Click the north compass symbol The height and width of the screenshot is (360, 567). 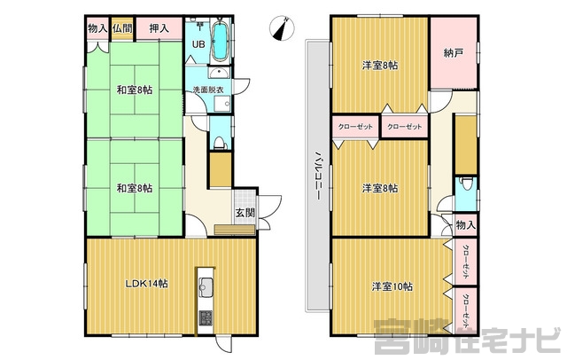282,27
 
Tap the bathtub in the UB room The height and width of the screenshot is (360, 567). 220,42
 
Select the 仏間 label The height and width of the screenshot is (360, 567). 122,28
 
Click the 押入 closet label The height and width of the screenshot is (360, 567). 159,28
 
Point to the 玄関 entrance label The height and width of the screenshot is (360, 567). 245,213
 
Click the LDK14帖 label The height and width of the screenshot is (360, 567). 146,284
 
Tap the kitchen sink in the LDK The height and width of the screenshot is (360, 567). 206,288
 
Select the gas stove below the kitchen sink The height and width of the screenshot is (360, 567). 206,318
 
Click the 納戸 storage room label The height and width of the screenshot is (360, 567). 454,53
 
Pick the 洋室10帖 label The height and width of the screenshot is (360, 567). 392,286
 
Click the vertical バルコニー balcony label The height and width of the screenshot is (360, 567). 317,176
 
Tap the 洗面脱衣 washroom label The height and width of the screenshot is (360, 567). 208,90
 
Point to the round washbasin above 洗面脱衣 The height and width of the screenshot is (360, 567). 219,74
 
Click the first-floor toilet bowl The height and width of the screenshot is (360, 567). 219,143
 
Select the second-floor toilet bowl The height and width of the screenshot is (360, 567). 467,184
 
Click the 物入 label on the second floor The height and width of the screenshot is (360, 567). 466,225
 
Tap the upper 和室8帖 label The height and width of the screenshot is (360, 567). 134,90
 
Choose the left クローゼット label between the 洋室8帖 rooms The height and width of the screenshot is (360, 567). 355,127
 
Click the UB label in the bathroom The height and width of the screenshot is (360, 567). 198,44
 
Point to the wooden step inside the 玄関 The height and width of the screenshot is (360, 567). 234,231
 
